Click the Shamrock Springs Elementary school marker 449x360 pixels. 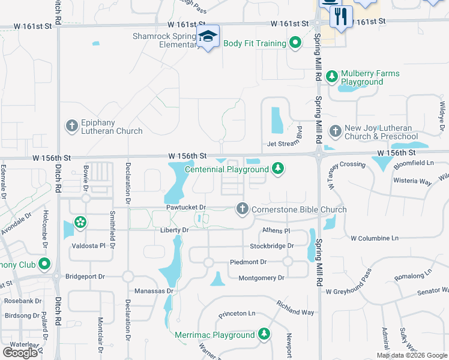208,37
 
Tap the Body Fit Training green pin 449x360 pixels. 295,43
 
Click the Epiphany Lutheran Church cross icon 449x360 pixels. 71,125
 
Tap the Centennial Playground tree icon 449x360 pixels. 277,168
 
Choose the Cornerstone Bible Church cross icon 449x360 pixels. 242,208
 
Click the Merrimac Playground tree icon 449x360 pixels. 264,334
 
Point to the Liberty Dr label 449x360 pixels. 175,230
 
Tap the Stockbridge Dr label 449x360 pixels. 272,246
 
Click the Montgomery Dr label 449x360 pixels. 261,278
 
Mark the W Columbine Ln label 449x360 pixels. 375,238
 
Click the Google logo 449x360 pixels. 20,352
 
